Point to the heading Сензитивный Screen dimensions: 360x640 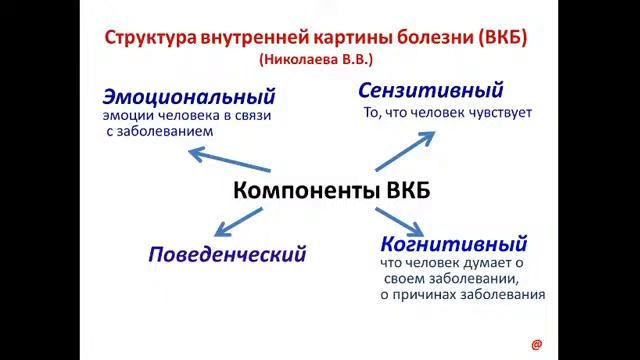click(431, 91)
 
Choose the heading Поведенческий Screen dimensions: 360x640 click(227, 253)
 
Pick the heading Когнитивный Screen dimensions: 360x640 click(453, 243)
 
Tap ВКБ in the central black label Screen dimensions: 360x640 click(408, 190)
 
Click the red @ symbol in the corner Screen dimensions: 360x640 click(536, 344)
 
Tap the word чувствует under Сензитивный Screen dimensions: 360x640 click(497, 113)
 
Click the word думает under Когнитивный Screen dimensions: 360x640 click(481, 263)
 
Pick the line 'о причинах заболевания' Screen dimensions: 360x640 click(462, 295)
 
